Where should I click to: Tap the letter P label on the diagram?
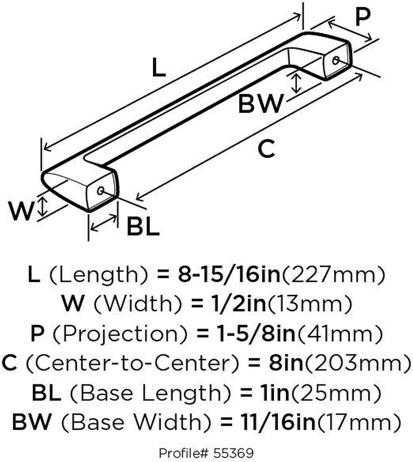363,18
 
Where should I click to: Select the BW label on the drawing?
260,104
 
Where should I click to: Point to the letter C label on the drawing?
267,148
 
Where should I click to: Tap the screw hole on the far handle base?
335,60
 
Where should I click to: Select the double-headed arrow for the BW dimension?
296,83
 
